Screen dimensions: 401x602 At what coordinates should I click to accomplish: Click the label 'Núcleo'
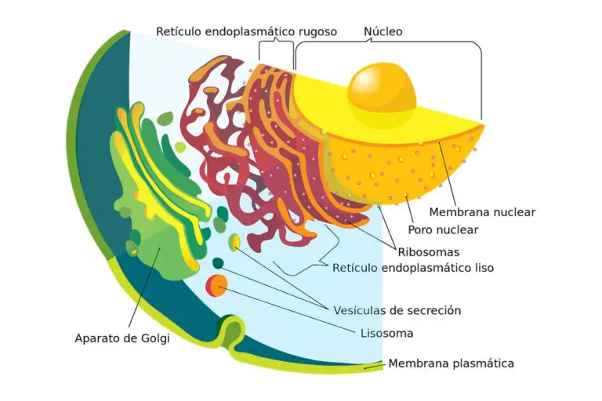[383, 32]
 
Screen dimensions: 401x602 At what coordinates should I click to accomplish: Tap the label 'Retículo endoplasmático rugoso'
[246, 32]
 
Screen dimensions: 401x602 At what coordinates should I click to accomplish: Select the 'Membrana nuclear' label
[482, 212]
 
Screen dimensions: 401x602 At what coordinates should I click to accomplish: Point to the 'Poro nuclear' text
[443, 230]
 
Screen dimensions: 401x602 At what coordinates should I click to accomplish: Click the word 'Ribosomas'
[428, 252]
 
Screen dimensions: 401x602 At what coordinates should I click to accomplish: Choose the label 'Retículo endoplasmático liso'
[413, 268]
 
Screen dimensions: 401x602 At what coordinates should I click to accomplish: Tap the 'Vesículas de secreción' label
[397, 310]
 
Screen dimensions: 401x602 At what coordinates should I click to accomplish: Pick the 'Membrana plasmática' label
[451, 363]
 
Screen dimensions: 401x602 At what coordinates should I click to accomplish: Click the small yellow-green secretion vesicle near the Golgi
[234, 242]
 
